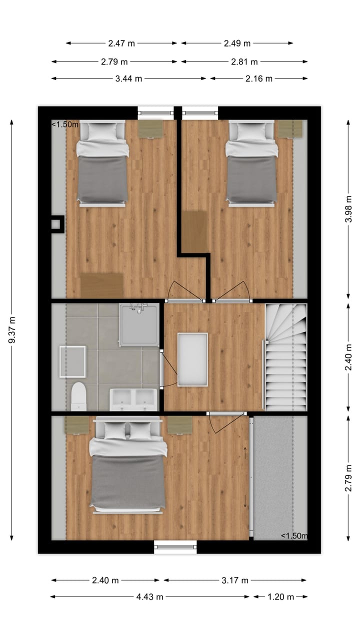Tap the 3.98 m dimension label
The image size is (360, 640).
tap(348, 211)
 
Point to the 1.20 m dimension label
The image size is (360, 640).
tap(280, 596)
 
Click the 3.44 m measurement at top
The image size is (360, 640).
tap(128, 78)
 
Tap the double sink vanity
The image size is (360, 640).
tap(133, 399)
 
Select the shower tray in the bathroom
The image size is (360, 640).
tap(139, 325)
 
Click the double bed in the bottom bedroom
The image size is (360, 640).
tap(128, 465)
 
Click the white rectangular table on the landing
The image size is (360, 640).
tap(192, 359)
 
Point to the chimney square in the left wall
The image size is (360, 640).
tap(57, 224)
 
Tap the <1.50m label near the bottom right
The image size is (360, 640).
tap(294, 536)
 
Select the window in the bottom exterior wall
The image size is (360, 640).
tap(175, 546)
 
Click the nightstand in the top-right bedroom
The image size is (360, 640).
tap(290, 128)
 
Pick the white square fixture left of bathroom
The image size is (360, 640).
tap(72, 361)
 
